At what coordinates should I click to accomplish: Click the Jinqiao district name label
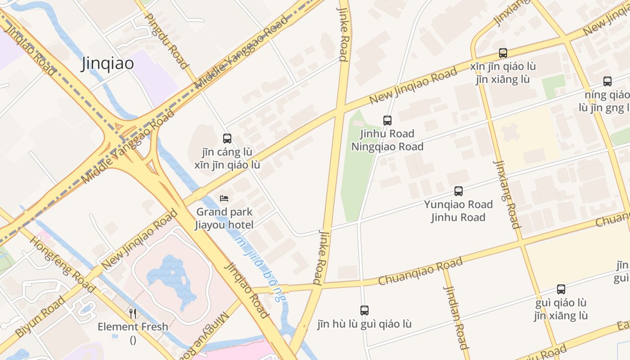point(108,63)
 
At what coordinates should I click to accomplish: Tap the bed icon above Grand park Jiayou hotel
point(224,198)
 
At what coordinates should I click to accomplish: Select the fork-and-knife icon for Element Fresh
point(133,313)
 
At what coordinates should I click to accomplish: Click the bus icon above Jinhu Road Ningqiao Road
point(387,120)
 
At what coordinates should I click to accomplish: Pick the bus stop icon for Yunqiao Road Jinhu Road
point(458,191)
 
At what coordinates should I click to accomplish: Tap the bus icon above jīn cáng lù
point(227,139)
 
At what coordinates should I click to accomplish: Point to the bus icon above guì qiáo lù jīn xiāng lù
point(561,289)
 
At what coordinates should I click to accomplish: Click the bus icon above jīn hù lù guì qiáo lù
point(364,310)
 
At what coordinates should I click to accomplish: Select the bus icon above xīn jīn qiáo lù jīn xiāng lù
point(503,53)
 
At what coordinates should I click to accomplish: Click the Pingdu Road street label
point(166,40)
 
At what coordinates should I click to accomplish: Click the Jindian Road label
point(456,317)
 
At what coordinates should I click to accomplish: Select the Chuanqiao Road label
point(420,271)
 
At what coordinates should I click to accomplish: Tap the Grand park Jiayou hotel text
point(224,218)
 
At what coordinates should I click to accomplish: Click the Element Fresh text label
point(133,327)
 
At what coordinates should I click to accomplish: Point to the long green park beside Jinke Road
point(355,171)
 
